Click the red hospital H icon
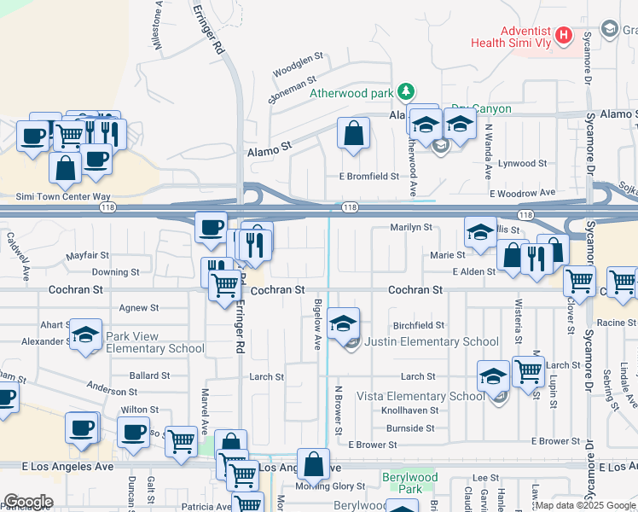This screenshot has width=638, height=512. (563, 36)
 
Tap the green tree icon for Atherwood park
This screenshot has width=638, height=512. (408, 91)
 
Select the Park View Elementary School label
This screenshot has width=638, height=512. (154, 348)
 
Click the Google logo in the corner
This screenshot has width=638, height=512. (28, 501)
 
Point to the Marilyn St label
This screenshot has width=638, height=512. (412, 228)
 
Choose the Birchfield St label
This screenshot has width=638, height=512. (419, 325)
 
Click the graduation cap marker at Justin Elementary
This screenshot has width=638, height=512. (344, 323)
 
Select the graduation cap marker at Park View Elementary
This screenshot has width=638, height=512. (85, 335)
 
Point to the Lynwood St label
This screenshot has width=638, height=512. (522, 163)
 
